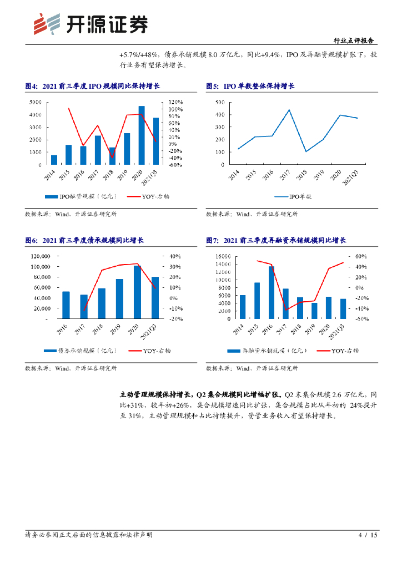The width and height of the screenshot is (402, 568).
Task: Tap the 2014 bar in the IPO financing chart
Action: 54,160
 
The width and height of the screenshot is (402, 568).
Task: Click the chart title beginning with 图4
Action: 92,86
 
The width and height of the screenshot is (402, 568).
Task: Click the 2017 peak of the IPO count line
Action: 289,110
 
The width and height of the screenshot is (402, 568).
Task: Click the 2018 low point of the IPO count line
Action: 306,151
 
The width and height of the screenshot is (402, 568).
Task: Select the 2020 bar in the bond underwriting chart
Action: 137,292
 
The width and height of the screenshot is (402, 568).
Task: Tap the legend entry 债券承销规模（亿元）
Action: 79,350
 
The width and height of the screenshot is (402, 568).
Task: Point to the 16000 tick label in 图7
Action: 222,256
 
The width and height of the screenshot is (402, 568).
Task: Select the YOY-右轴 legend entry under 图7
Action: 338,350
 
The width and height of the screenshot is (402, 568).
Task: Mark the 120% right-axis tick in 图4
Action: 177,102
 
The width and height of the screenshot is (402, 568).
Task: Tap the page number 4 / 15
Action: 368,535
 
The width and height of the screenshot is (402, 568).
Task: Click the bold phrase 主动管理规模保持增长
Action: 153,394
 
